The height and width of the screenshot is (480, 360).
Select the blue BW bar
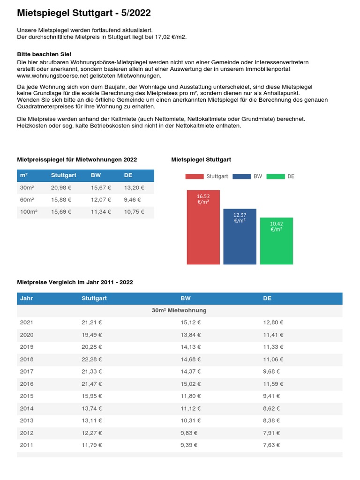point(240,239)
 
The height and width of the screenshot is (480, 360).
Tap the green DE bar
point(276,244)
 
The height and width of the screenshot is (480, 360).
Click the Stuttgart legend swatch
point(195,176)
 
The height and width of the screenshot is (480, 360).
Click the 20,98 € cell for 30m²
point(61,187)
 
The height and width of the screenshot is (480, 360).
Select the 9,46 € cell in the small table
point(132,200)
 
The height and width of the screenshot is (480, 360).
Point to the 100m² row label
point(29,212)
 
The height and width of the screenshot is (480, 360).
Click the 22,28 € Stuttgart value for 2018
point(91,359)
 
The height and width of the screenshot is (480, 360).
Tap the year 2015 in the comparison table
point(27,396)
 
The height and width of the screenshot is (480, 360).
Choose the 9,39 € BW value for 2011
point(189,445)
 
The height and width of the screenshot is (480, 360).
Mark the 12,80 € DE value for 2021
point(273,322)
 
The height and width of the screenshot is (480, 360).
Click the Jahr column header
point(26,298)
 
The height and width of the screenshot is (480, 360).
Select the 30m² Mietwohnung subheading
point(179,310)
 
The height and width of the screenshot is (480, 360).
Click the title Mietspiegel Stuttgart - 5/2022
point(84,13)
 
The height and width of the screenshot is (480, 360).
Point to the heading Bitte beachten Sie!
point(44,54)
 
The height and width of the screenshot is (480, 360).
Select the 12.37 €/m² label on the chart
point(240,217)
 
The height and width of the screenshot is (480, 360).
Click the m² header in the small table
point(23,175)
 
